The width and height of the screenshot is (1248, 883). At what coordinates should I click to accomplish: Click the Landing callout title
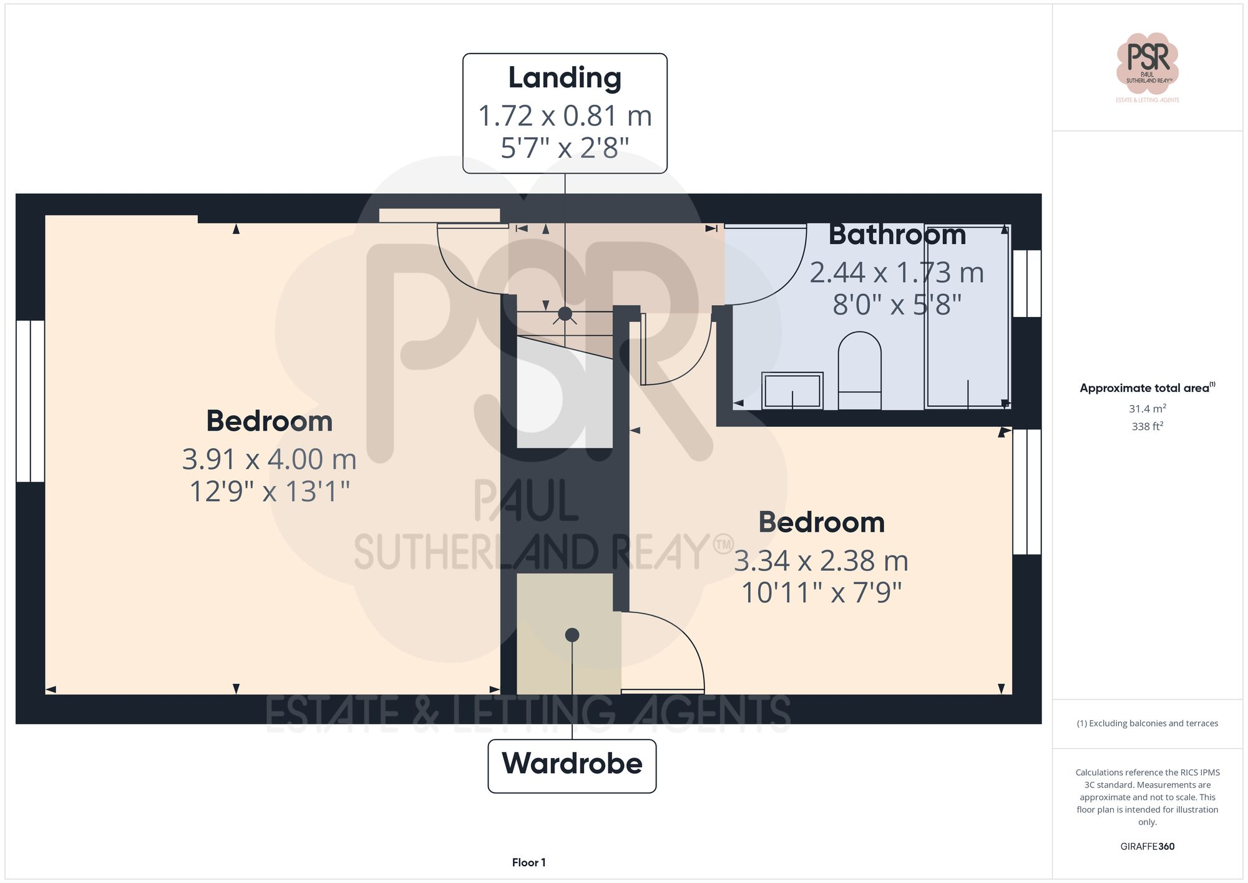click(565, 78)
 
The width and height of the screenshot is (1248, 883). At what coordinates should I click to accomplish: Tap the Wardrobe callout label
click(572, 764)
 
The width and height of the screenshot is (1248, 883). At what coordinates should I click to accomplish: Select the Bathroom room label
click(897, 235)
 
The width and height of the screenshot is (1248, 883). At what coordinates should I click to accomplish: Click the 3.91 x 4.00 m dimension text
click(269, 460)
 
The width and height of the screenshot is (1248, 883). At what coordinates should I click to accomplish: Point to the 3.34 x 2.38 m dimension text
click(821, 561)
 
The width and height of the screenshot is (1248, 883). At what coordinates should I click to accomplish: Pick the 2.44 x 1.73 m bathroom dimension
click(897, 273)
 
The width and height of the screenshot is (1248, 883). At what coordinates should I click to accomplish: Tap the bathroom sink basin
click(792, 391)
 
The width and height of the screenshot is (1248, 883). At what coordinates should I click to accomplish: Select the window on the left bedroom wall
click(30, 401)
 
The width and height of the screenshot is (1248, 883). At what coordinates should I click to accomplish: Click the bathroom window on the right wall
click(1026, 283)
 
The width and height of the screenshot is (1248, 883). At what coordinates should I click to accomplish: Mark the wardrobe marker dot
click(572, 635)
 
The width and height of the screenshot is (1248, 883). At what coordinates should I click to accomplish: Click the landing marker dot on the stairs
click(565, 314)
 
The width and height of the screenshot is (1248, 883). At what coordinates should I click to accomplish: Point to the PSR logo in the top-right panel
click(1147, 62)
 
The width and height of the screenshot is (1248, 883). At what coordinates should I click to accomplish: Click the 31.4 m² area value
click(1147, 409)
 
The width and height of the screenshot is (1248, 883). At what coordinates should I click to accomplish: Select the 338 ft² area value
click(1147, 427)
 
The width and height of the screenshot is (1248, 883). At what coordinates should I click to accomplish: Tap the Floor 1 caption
click(529, 862)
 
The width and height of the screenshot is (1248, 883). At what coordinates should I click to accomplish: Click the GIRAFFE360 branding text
click(1147, 847)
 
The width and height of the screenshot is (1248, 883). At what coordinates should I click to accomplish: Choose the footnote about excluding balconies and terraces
click(1147, 724)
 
